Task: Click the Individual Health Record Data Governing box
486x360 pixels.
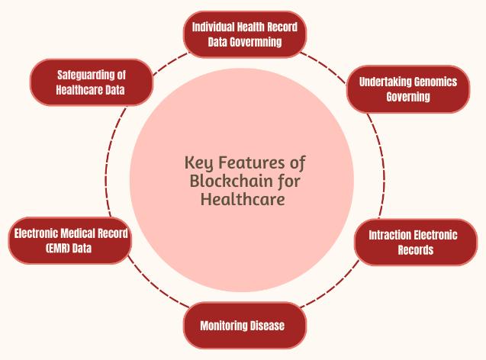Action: click(245, 34)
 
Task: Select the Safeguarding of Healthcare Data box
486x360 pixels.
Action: click(91, 82)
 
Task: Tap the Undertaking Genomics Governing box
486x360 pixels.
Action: click(408, 89)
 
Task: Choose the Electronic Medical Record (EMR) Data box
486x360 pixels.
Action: click(69, 241)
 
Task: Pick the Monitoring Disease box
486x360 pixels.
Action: click(243, 326)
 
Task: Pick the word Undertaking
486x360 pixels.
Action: click(381, 82)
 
